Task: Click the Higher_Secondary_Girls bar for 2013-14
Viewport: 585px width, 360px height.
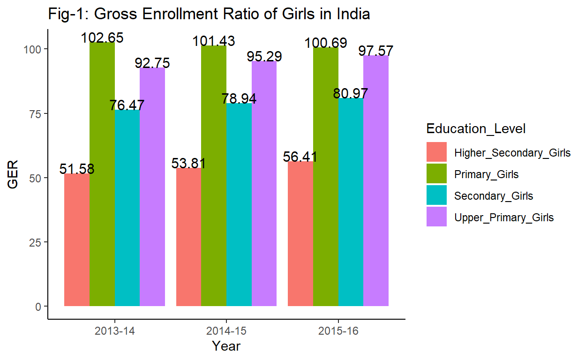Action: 77,240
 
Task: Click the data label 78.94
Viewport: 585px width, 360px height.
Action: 239,99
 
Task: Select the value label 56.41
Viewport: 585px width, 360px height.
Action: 300,157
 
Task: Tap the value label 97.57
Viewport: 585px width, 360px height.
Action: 376,51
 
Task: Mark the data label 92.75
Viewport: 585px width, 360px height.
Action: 152,63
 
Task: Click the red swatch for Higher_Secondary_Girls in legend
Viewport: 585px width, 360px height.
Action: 436,152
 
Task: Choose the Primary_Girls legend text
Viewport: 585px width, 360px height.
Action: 487,174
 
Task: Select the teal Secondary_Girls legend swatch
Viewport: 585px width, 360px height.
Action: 436,196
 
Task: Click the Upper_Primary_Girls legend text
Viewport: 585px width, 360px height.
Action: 504,217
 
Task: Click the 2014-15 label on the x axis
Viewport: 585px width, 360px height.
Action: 226,331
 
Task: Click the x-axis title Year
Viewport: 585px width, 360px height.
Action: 226,346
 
